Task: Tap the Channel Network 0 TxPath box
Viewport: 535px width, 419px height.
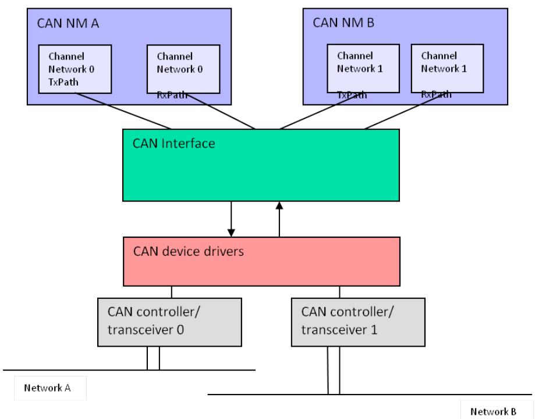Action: pyautogui.click(x=74, y=69)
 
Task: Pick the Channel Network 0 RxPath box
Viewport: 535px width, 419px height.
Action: pyautogui.click(x=183, y=69)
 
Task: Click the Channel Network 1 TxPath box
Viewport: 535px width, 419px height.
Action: pyautogui.click(x=362, y=68)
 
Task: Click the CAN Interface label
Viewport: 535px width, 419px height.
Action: pyautogui.click(x=174, y=143)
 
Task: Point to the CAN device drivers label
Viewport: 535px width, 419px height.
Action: pyautogui.click(x=188, y=252)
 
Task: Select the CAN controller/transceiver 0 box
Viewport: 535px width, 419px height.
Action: pyautogui.click(x=169, y=321)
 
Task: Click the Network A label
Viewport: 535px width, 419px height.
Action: pyautogui.click(x=47, y=388)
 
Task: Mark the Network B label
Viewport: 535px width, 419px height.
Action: pyautogui.click(x=493, y=411)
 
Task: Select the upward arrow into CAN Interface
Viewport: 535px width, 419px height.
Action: pyautogui.click(x=279, y=219)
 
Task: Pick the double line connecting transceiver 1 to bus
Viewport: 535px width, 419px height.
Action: pyautogui.click(x=334, y=370)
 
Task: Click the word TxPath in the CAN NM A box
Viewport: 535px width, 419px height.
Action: pyautogui.click(x=63, y=82)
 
